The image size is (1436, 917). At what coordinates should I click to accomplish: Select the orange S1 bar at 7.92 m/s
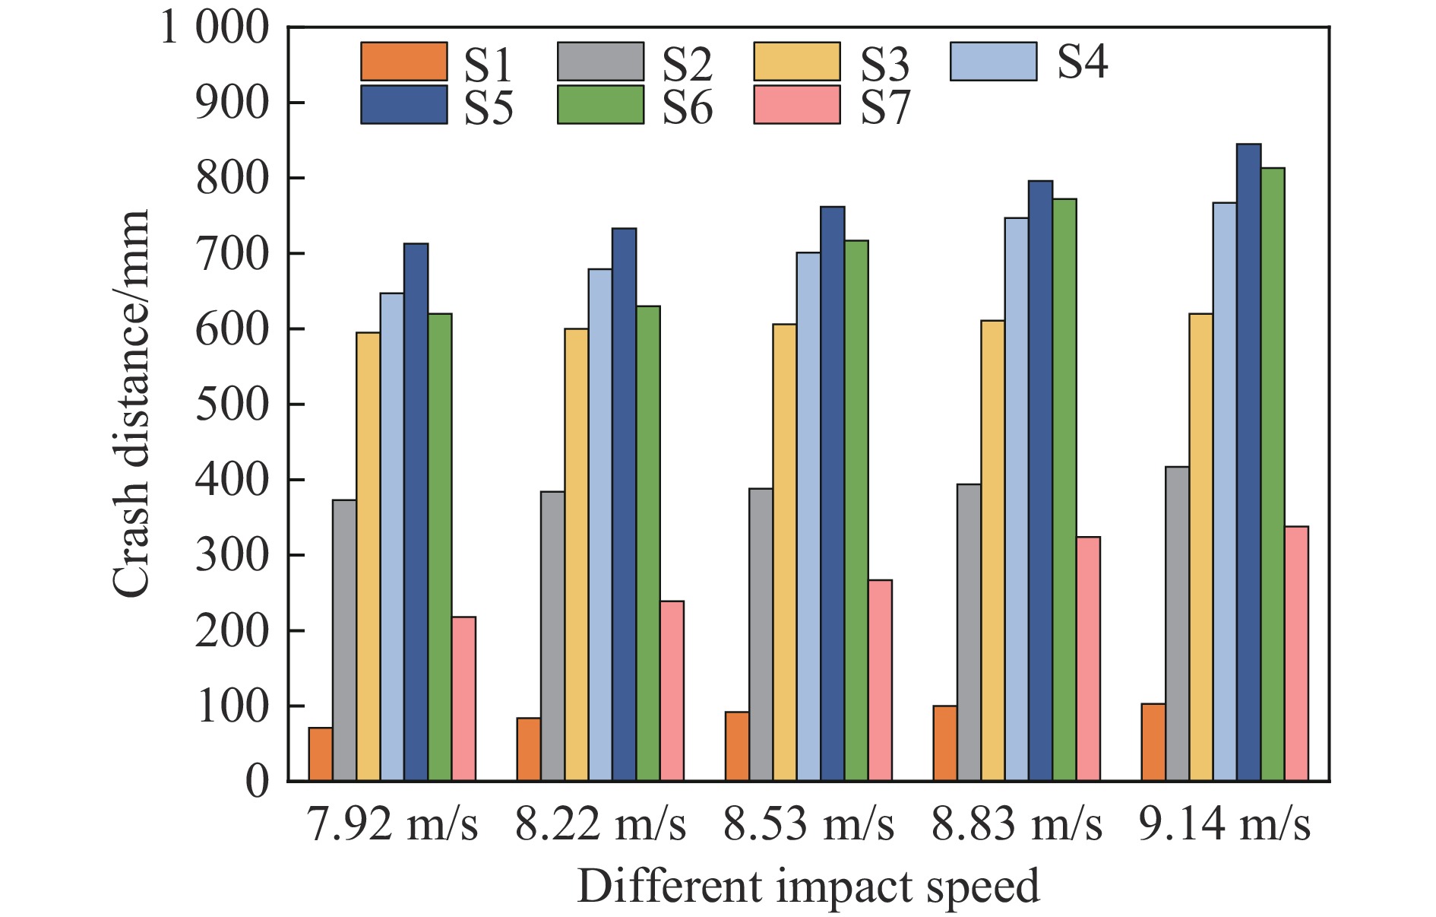click(x=321, y=754)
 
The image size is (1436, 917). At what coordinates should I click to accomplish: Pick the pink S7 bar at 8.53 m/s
click(x=880, y=681)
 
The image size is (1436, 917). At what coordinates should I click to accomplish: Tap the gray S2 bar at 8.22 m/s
click(x=552, y=636)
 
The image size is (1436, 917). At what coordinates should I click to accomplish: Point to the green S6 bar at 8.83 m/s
click(x=1064, y=490)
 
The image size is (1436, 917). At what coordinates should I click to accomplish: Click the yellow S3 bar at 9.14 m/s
click(x=1200, y=547)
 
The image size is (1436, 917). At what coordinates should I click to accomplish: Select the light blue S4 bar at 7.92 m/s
click(x=392, y=537)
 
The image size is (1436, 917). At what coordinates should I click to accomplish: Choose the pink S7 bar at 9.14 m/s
click(x=1296, y=654)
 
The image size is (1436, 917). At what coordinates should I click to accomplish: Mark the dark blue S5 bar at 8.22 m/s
click(x=624, y=505)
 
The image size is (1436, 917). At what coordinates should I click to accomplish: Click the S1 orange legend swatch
click(x=403, y=62)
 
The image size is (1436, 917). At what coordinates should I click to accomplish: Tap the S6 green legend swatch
click(x=600, y=105)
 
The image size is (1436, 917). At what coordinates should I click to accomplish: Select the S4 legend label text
click(x=1082, y=62)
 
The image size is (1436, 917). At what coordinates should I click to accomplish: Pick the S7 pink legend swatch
click(x=797, y=105)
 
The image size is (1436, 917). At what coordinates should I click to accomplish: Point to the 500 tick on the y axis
click(x=232, y=405)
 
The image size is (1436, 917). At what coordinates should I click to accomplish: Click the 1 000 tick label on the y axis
click(x=215, y=28)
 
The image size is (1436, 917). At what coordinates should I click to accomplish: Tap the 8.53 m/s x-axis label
click(x=808, y=824)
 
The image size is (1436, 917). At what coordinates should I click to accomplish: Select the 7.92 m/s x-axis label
click(x=392, y=824)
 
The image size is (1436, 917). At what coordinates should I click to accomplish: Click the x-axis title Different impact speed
click(x=808, y=887)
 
